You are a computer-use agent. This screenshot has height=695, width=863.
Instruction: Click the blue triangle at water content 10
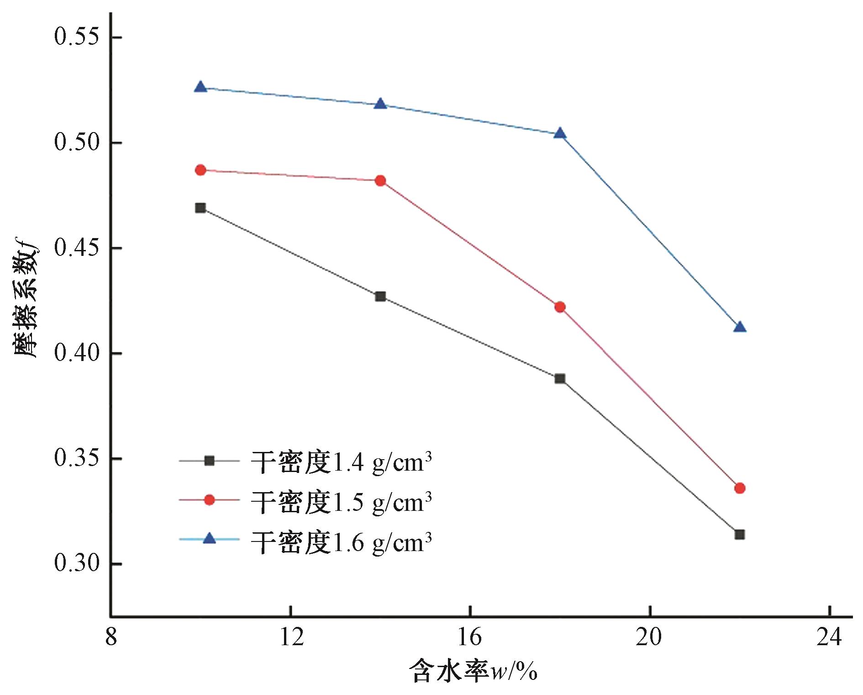pos(200,87)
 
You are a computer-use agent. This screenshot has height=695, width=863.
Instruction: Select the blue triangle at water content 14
pos(380,104)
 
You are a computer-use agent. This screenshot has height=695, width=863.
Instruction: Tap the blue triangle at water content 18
pos(560,133)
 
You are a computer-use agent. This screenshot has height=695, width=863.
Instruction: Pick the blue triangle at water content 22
pos(740,327)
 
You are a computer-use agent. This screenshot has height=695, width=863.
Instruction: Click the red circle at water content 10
pos(200,170)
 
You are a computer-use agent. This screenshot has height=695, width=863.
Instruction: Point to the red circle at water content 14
pos(380,180)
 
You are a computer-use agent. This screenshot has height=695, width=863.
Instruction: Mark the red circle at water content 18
pos(560,307)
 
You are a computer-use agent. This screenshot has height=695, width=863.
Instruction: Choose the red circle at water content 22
pos(740,488)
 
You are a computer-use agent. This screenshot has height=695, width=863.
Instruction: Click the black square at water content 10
pos(200,208)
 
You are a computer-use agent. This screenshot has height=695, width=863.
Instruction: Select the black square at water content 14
pos(380,297)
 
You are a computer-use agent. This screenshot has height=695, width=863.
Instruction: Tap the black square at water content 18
pos(560,378)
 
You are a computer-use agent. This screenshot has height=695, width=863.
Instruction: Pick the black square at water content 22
pos(740,534)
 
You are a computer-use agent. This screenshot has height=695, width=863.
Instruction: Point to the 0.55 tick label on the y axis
pos(77,37)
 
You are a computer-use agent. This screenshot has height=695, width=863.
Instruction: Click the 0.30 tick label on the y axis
pos(77,563)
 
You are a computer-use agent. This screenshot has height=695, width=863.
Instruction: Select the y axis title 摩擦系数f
pos(26,297)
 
